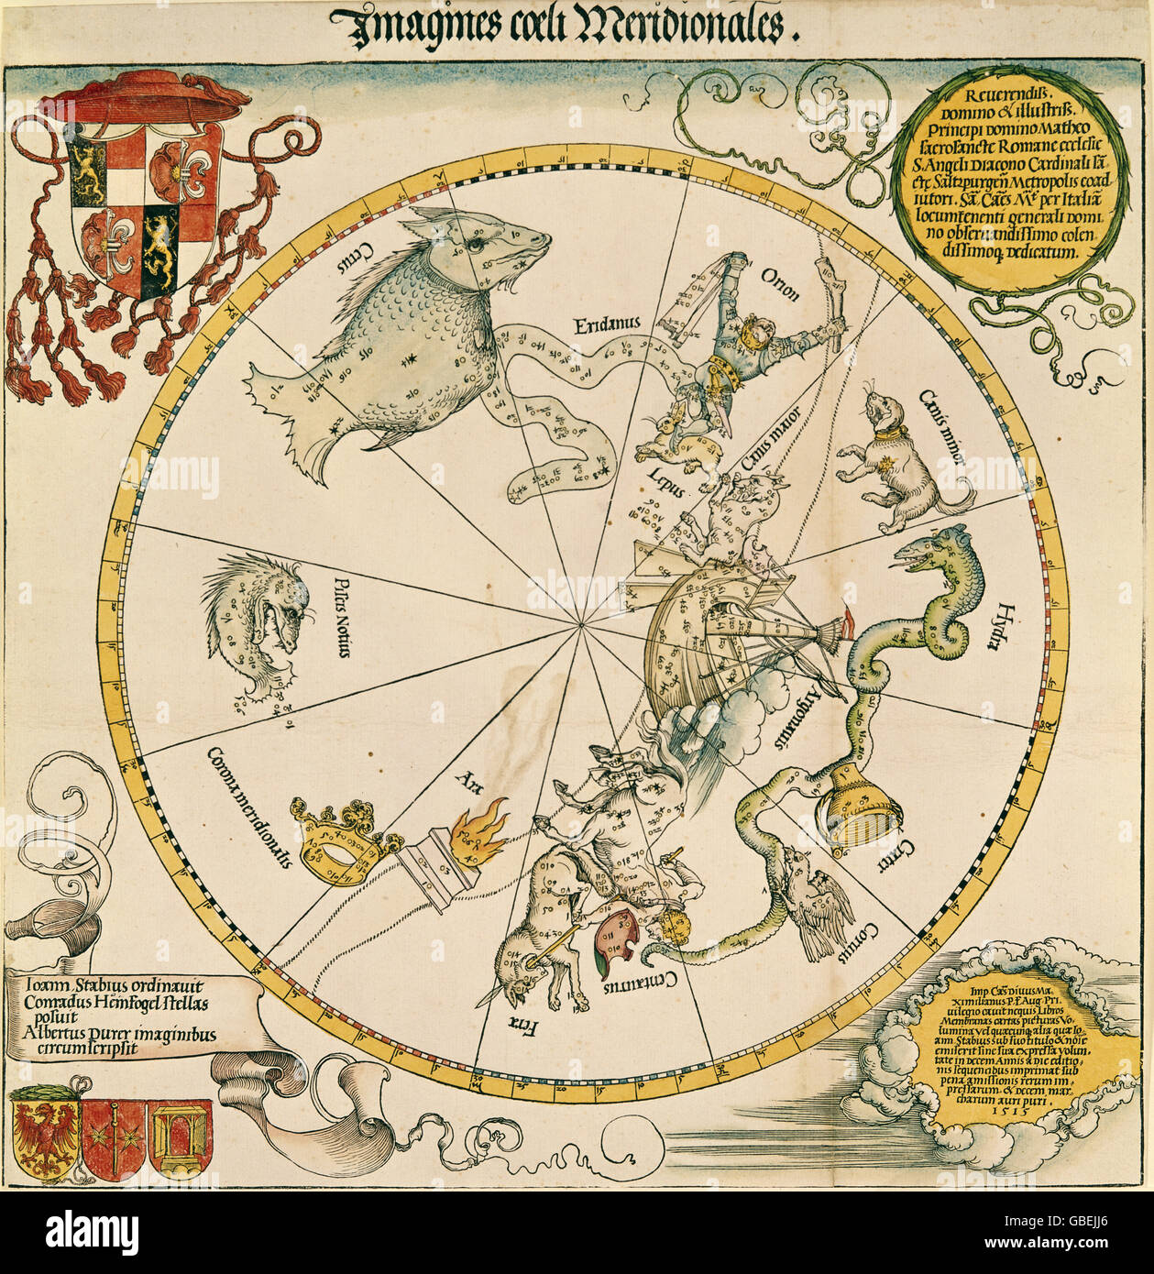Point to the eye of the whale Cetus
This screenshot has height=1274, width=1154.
coord(477,244)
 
